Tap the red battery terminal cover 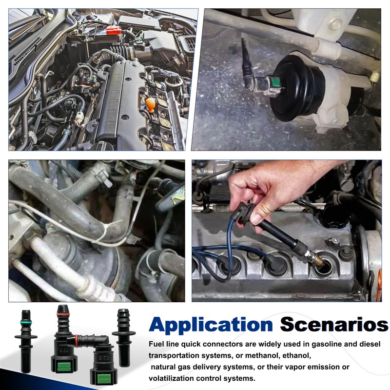114,31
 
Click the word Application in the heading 211,325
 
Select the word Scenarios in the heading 334,324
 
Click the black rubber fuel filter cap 298,88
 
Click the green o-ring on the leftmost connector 26,323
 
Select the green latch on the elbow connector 104,378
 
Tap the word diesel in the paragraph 369,344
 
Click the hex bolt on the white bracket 336,24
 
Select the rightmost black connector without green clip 124,337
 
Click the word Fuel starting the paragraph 156,344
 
